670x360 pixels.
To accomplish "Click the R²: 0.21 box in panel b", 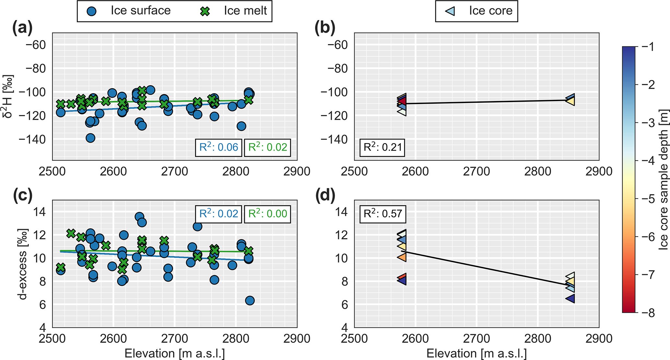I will pyautogui.click(x=382, y=147).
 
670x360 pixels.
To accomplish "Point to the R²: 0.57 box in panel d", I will pyautogui.click(x=382, y=214).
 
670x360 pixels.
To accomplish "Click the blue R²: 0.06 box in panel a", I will pyautogui.click(x=218, y=147).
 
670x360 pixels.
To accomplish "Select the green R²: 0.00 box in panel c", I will pyautogui.click(x=267, y=214).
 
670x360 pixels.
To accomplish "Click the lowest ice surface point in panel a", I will pyautogui.click(x=90, y=138).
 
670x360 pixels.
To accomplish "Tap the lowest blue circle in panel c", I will pyautogui.click(x=250, y=301).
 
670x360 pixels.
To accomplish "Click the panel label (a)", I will pyautogui.click(x=22, y=29).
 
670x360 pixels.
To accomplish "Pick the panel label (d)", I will pyautogui.click(x=324, y=196).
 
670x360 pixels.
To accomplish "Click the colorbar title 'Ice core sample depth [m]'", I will pyautogui.click(x=663, y=180).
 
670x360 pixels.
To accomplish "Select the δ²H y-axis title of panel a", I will pyautogui.click(x=8, y=96).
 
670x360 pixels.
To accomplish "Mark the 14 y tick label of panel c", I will pyautogui.click(x=40, y=212).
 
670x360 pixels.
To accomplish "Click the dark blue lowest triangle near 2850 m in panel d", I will pyautogui.click(x=570, y=298).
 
